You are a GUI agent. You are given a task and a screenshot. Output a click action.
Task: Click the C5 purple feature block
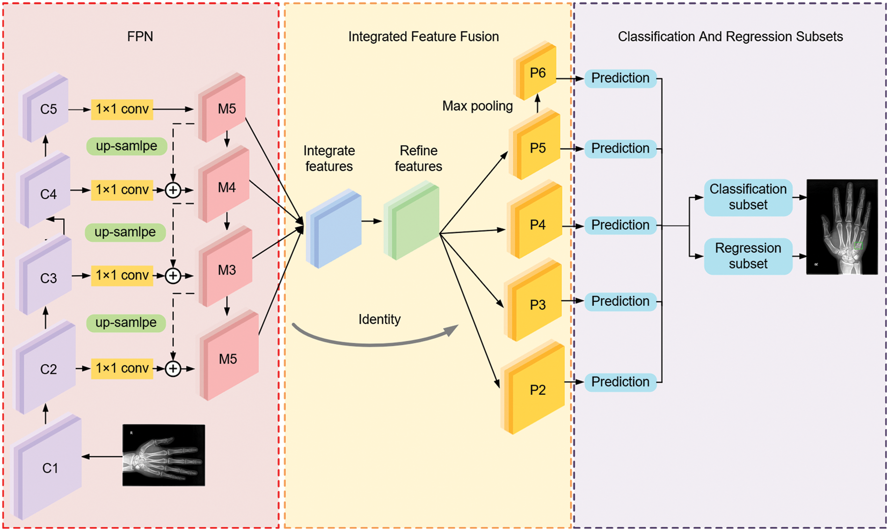coord(47,109)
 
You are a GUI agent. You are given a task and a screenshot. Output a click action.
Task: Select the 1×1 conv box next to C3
coord(122,276)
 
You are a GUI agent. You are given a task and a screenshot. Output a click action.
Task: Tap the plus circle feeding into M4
coord(173,190)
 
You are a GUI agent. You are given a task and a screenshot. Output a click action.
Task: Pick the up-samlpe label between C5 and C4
coord(126,146)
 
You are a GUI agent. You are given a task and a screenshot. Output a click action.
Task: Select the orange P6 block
coord(537,73)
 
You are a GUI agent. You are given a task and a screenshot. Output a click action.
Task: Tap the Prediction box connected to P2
coord(620,382)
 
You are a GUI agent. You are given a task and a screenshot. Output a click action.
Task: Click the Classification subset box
coord(748,197)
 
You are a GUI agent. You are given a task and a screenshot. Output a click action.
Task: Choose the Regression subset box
coord(748,256)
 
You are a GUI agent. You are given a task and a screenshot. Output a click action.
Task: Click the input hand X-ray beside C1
coord(163,455)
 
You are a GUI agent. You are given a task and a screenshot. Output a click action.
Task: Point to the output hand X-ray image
coord(842,227)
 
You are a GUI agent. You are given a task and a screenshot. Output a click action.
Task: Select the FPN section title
coord(140,36)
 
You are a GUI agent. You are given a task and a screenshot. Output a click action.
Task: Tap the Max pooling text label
coord(477,106)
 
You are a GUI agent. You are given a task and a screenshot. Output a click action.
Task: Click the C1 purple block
coord(49,468)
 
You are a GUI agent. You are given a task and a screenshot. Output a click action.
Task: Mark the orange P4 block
coord(537,225)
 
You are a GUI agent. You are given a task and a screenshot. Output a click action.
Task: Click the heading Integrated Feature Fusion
coord(423,36)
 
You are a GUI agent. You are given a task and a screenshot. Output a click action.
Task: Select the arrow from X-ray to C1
coord(102,457)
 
